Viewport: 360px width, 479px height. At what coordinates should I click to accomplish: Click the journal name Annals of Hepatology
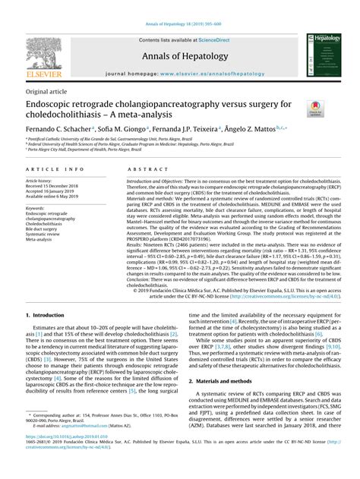coord(179,55)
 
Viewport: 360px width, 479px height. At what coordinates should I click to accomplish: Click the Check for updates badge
coord(315,109)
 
